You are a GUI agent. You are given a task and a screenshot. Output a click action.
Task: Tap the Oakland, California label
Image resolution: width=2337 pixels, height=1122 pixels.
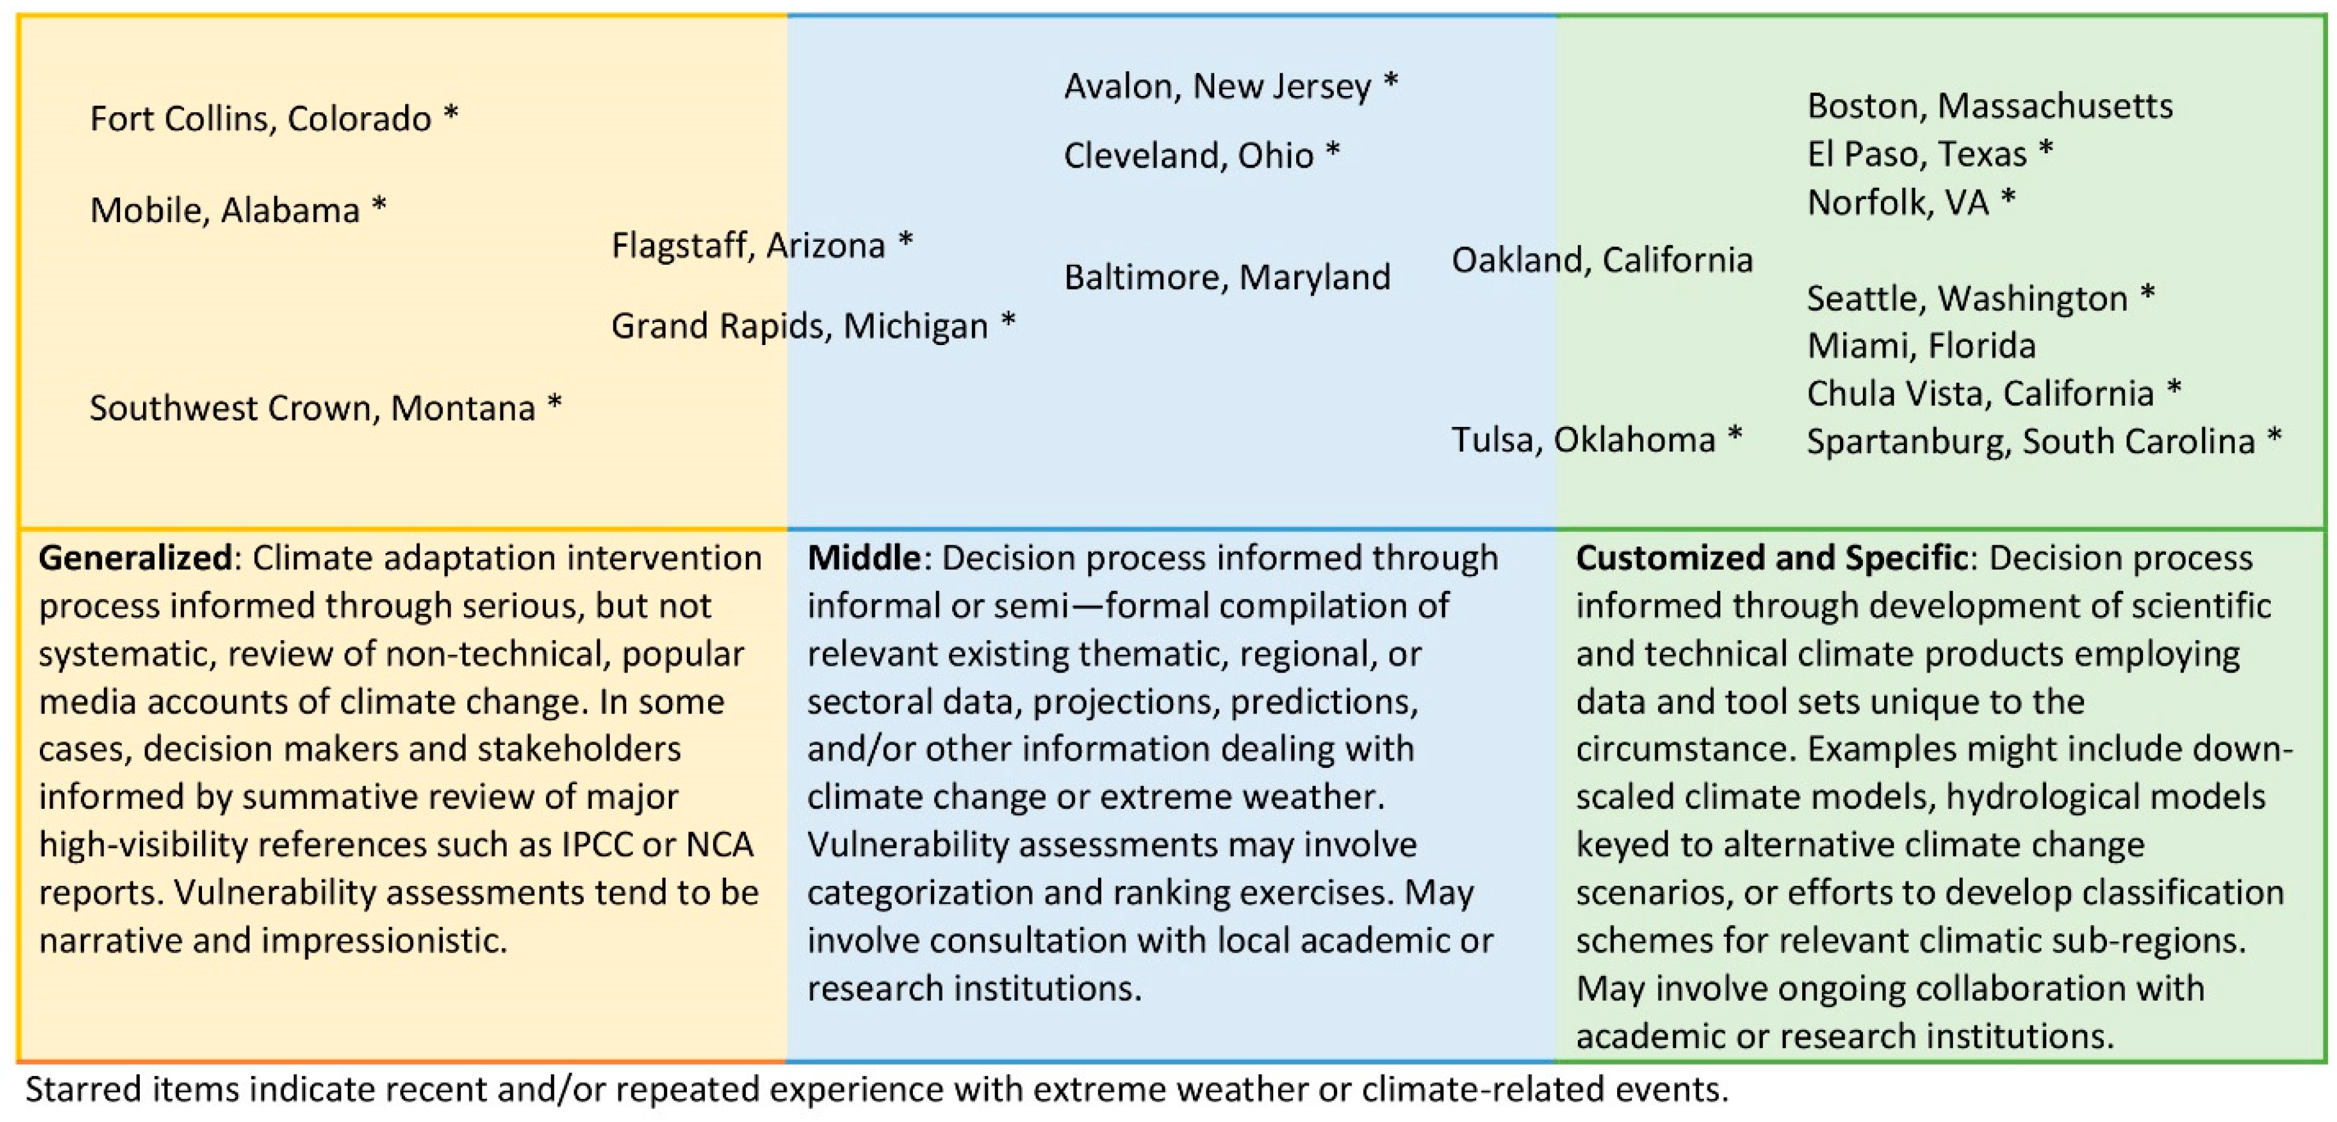[x=1602, y=260]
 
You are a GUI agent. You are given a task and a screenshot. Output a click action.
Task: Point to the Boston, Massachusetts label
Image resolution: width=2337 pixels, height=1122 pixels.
[x=1990, y=106]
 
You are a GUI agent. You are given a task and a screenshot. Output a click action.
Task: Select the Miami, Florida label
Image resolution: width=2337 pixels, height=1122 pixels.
[x=1921, y=346]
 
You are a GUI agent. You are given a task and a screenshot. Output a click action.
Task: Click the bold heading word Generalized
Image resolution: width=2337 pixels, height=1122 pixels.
[x=135, y=558]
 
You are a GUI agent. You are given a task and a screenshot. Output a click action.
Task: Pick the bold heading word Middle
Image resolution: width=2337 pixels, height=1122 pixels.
[x=864, y=558]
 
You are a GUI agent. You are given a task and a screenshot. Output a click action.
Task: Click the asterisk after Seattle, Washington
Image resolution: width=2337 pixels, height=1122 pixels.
[x=2147, y=294]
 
